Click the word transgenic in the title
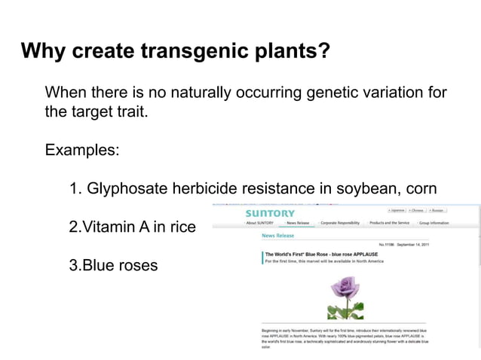point(192,51)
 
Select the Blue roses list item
point(113,265)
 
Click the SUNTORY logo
point(270,213)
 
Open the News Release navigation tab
point(297,223)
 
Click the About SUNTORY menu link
point(259,223)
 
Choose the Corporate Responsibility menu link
point(339,223)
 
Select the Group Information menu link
point(434,223)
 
